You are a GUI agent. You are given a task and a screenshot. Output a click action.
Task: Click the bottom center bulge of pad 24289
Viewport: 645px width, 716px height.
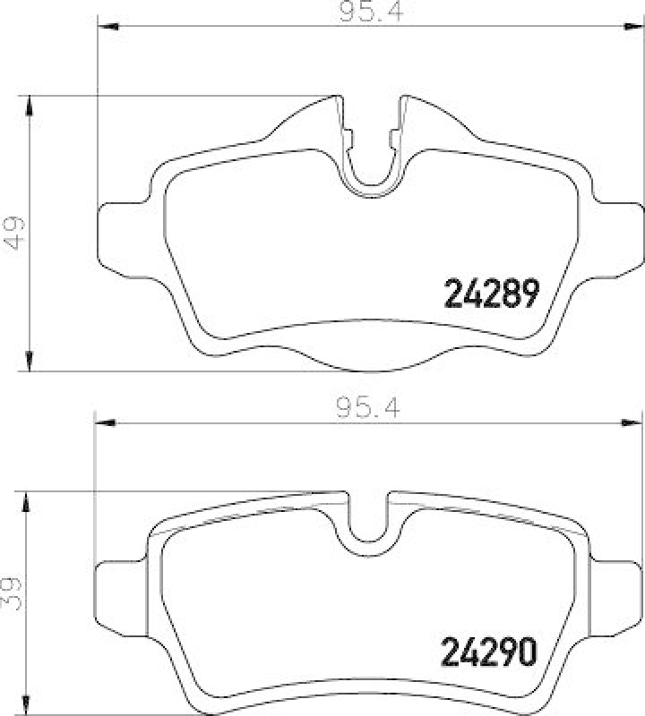(370, 362)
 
